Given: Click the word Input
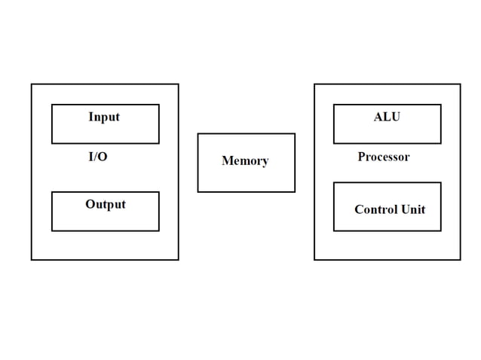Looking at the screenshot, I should click(104, 117).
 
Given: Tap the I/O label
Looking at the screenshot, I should click(98, 157).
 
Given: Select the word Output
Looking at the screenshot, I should click(106, 204).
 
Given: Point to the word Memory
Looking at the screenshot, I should click(245, 161).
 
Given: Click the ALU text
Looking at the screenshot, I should click(387, 117).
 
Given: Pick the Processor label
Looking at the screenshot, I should click(384, 157).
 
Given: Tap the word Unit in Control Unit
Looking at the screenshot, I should click(413, 209).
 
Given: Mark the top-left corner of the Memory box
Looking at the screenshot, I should click(198, 134).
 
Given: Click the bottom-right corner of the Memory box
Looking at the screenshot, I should click(295, 191).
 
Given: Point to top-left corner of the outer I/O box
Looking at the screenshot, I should click(32, 84).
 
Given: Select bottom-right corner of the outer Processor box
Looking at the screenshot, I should click(460, 260).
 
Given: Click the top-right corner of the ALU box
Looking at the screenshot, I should click(441, 105).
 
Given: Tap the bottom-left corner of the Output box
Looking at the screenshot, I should click(52, 230).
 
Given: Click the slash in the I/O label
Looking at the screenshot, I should click(97, 157).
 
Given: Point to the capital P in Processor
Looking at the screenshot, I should click(361, 157).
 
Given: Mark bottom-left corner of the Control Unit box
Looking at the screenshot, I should click(334, 230).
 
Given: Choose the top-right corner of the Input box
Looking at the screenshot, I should click(159, 105).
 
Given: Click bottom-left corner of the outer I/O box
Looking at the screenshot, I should click(32, 260).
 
